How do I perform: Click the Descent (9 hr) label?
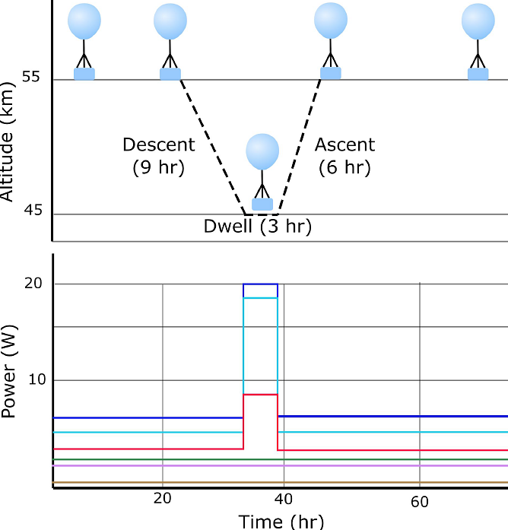coord(158,155)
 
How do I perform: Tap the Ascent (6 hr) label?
coord(344,155)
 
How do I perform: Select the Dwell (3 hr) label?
coord(258,227)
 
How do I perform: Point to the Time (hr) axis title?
coord(281,521)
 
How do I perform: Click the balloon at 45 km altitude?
coord(263,152)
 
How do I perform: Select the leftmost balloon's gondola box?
coord(84,73)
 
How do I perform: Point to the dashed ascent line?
coord(300,144)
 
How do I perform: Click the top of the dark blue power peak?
coord(260,284)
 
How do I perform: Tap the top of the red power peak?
coord(260,395)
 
